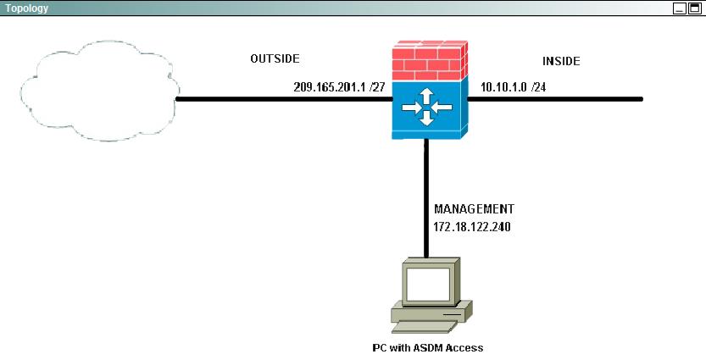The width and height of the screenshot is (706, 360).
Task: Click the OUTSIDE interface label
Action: pos(275,58)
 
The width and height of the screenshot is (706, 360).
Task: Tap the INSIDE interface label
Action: pos(561,61)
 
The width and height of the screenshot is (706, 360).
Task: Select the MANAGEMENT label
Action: pos(474,208)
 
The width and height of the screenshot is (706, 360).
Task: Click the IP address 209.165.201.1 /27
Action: pos(340,87)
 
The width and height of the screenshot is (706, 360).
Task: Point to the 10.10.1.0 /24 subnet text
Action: pos(514,87)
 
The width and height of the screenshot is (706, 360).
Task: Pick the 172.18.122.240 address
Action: pos(472,227)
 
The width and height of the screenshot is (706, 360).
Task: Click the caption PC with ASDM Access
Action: pos(428,348)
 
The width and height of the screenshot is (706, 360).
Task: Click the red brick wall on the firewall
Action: pos(430,60)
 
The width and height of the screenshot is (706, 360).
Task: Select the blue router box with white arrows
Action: pos(430,109)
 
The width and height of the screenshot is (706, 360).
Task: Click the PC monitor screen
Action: pos(428,284)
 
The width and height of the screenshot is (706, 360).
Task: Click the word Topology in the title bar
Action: pos(26,8)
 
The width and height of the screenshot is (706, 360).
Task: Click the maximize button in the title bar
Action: pos(694,8)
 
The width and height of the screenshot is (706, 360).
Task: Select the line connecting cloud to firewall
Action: pos(284,99)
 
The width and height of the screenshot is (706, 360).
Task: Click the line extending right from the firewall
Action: pos(555,99)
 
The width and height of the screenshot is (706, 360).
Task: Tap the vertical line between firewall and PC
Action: pos(425,198)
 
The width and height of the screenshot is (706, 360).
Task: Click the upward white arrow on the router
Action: pos(427,96)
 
